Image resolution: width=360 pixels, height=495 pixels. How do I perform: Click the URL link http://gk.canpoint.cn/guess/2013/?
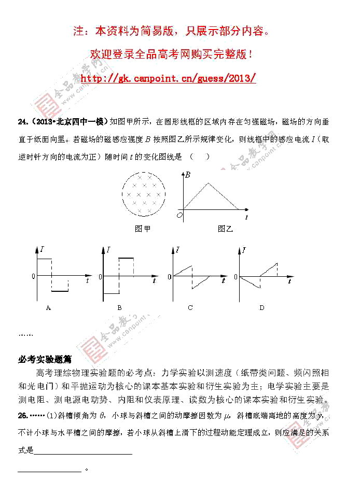coord(169,78)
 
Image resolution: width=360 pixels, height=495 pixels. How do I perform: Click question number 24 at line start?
coord(23,122)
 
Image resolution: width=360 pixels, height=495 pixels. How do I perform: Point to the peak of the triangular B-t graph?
coord(209,182)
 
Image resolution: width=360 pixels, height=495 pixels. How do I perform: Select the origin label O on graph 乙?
coord(179,214)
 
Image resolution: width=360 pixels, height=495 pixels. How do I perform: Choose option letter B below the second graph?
coord(119,307)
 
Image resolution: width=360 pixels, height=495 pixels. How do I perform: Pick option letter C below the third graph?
coord(190,307)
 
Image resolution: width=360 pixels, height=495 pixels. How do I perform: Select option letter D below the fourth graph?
coord(261,307)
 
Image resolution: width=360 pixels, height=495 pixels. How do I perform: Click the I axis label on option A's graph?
coord(43,250)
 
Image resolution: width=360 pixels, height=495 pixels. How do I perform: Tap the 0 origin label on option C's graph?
coord(169,277)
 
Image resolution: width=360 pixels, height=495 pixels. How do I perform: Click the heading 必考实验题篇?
coord(45,360)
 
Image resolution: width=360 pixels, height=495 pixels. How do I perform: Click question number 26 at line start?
coord(23,415)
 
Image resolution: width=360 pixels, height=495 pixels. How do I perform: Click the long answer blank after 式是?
coord(83,452)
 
